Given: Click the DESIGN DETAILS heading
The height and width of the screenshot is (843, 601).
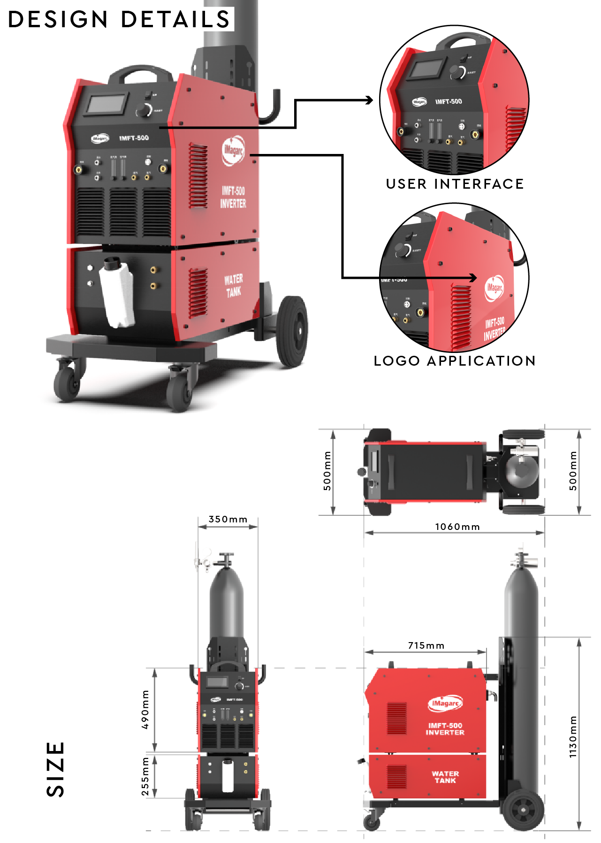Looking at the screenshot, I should (x=119, y=19).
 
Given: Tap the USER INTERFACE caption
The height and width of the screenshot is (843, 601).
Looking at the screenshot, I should (x=455, y=184).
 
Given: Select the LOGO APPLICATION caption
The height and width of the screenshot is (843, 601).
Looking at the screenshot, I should (x=455, y=360).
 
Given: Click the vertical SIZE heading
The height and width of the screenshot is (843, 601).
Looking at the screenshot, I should (x=55, y=769).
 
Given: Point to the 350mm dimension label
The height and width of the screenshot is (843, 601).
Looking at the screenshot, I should (x=228, y=519).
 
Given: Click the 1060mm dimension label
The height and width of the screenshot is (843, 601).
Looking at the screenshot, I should (x=457, y=527).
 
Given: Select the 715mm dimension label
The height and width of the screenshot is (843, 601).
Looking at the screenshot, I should (x=426, y=645).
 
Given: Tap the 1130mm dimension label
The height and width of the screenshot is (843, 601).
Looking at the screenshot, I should (x=573, y=737).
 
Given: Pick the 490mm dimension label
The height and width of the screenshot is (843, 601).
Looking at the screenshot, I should (x=145, y=709).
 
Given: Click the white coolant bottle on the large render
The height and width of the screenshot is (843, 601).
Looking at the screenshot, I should (x=117, y=293).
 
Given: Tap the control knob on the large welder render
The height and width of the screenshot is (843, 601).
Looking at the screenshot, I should (x=143, y=111).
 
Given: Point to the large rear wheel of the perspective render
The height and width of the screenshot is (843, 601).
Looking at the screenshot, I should (x=292, y=330).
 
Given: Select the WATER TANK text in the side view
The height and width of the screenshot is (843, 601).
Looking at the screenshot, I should (x=445, y=777).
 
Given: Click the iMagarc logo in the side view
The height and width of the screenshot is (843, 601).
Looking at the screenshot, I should (x=445, y=703).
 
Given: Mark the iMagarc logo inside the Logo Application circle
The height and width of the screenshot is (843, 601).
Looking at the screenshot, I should (x=494, y=288).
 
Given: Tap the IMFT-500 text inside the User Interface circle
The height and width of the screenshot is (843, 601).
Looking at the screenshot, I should (x=449, y=101).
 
